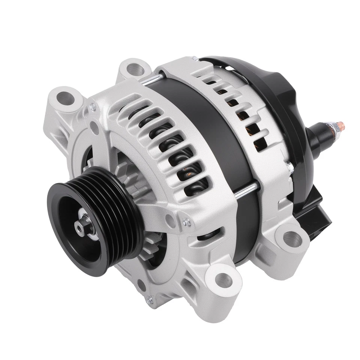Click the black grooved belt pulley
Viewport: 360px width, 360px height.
[x=94, y=221]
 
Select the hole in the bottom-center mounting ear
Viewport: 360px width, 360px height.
[x=224, y=279]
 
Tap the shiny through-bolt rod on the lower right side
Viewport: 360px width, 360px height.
[x=247, y=189]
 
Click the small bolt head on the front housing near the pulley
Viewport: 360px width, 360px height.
[x=186, y=223]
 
